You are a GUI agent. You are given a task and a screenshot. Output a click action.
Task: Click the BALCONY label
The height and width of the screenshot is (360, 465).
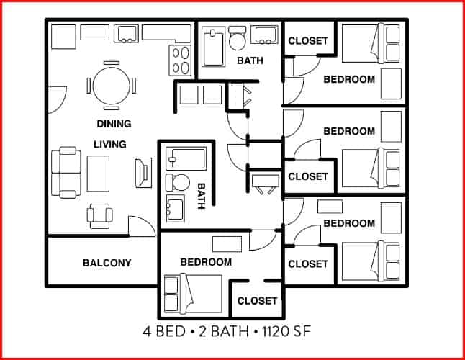[107, 263]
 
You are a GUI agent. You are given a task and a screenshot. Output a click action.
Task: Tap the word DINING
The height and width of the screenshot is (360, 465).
[114, 123]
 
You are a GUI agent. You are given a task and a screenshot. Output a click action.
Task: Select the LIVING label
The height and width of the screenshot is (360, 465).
[110, 144]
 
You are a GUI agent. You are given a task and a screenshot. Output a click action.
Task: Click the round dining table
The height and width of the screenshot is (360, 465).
[111, 84]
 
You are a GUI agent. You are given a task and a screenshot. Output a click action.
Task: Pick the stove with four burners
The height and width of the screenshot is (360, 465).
[180, 60]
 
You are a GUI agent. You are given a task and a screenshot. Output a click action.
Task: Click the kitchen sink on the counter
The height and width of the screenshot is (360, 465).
[128, 32]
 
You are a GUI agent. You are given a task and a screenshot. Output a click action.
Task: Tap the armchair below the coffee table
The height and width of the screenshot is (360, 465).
[99, 213]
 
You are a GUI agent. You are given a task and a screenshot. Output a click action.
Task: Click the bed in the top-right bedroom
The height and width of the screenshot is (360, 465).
[370, 43]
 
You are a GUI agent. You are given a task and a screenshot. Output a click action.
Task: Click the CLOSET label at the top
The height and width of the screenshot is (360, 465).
[308, 41]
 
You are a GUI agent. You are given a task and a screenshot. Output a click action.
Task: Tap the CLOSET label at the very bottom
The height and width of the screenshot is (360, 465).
[257, 300]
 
